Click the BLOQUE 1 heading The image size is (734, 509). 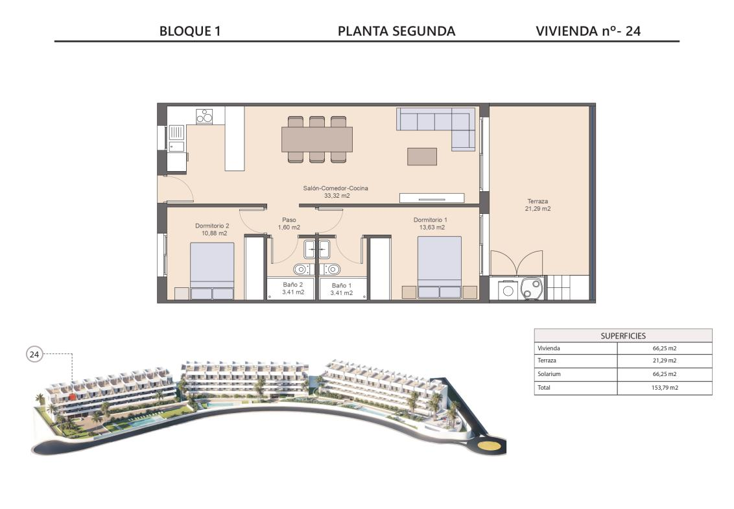[x=190, y=31]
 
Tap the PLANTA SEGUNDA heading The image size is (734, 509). [x=396, y=31]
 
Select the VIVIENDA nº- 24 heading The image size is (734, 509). [x=588, y=31]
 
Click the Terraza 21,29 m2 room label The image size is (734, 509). [x=538, y=205]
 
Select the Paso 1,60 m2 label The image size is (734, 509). [x=289, y=223]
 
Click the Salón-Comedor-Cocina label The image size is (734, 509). [x=336, y=188]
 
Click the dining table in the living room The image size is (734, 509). [x=317, y=139]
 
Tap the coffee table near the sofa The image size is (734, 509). [x=421, y=156]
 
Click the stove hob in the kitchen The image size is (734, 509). [x=204, y=116]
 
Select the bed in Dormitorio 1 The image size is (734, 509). [x=440, y=267]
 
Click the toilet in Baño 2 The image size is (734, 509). [x=301, y=269]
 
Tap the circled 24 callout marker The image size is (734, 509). [x=34, y=355]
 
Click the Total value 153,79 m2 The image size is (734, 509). [x=665, y=388]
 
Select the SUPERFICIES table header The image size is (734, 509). [x=623, y=336]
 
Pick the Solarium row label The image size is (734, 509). [x=549, y=374]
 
